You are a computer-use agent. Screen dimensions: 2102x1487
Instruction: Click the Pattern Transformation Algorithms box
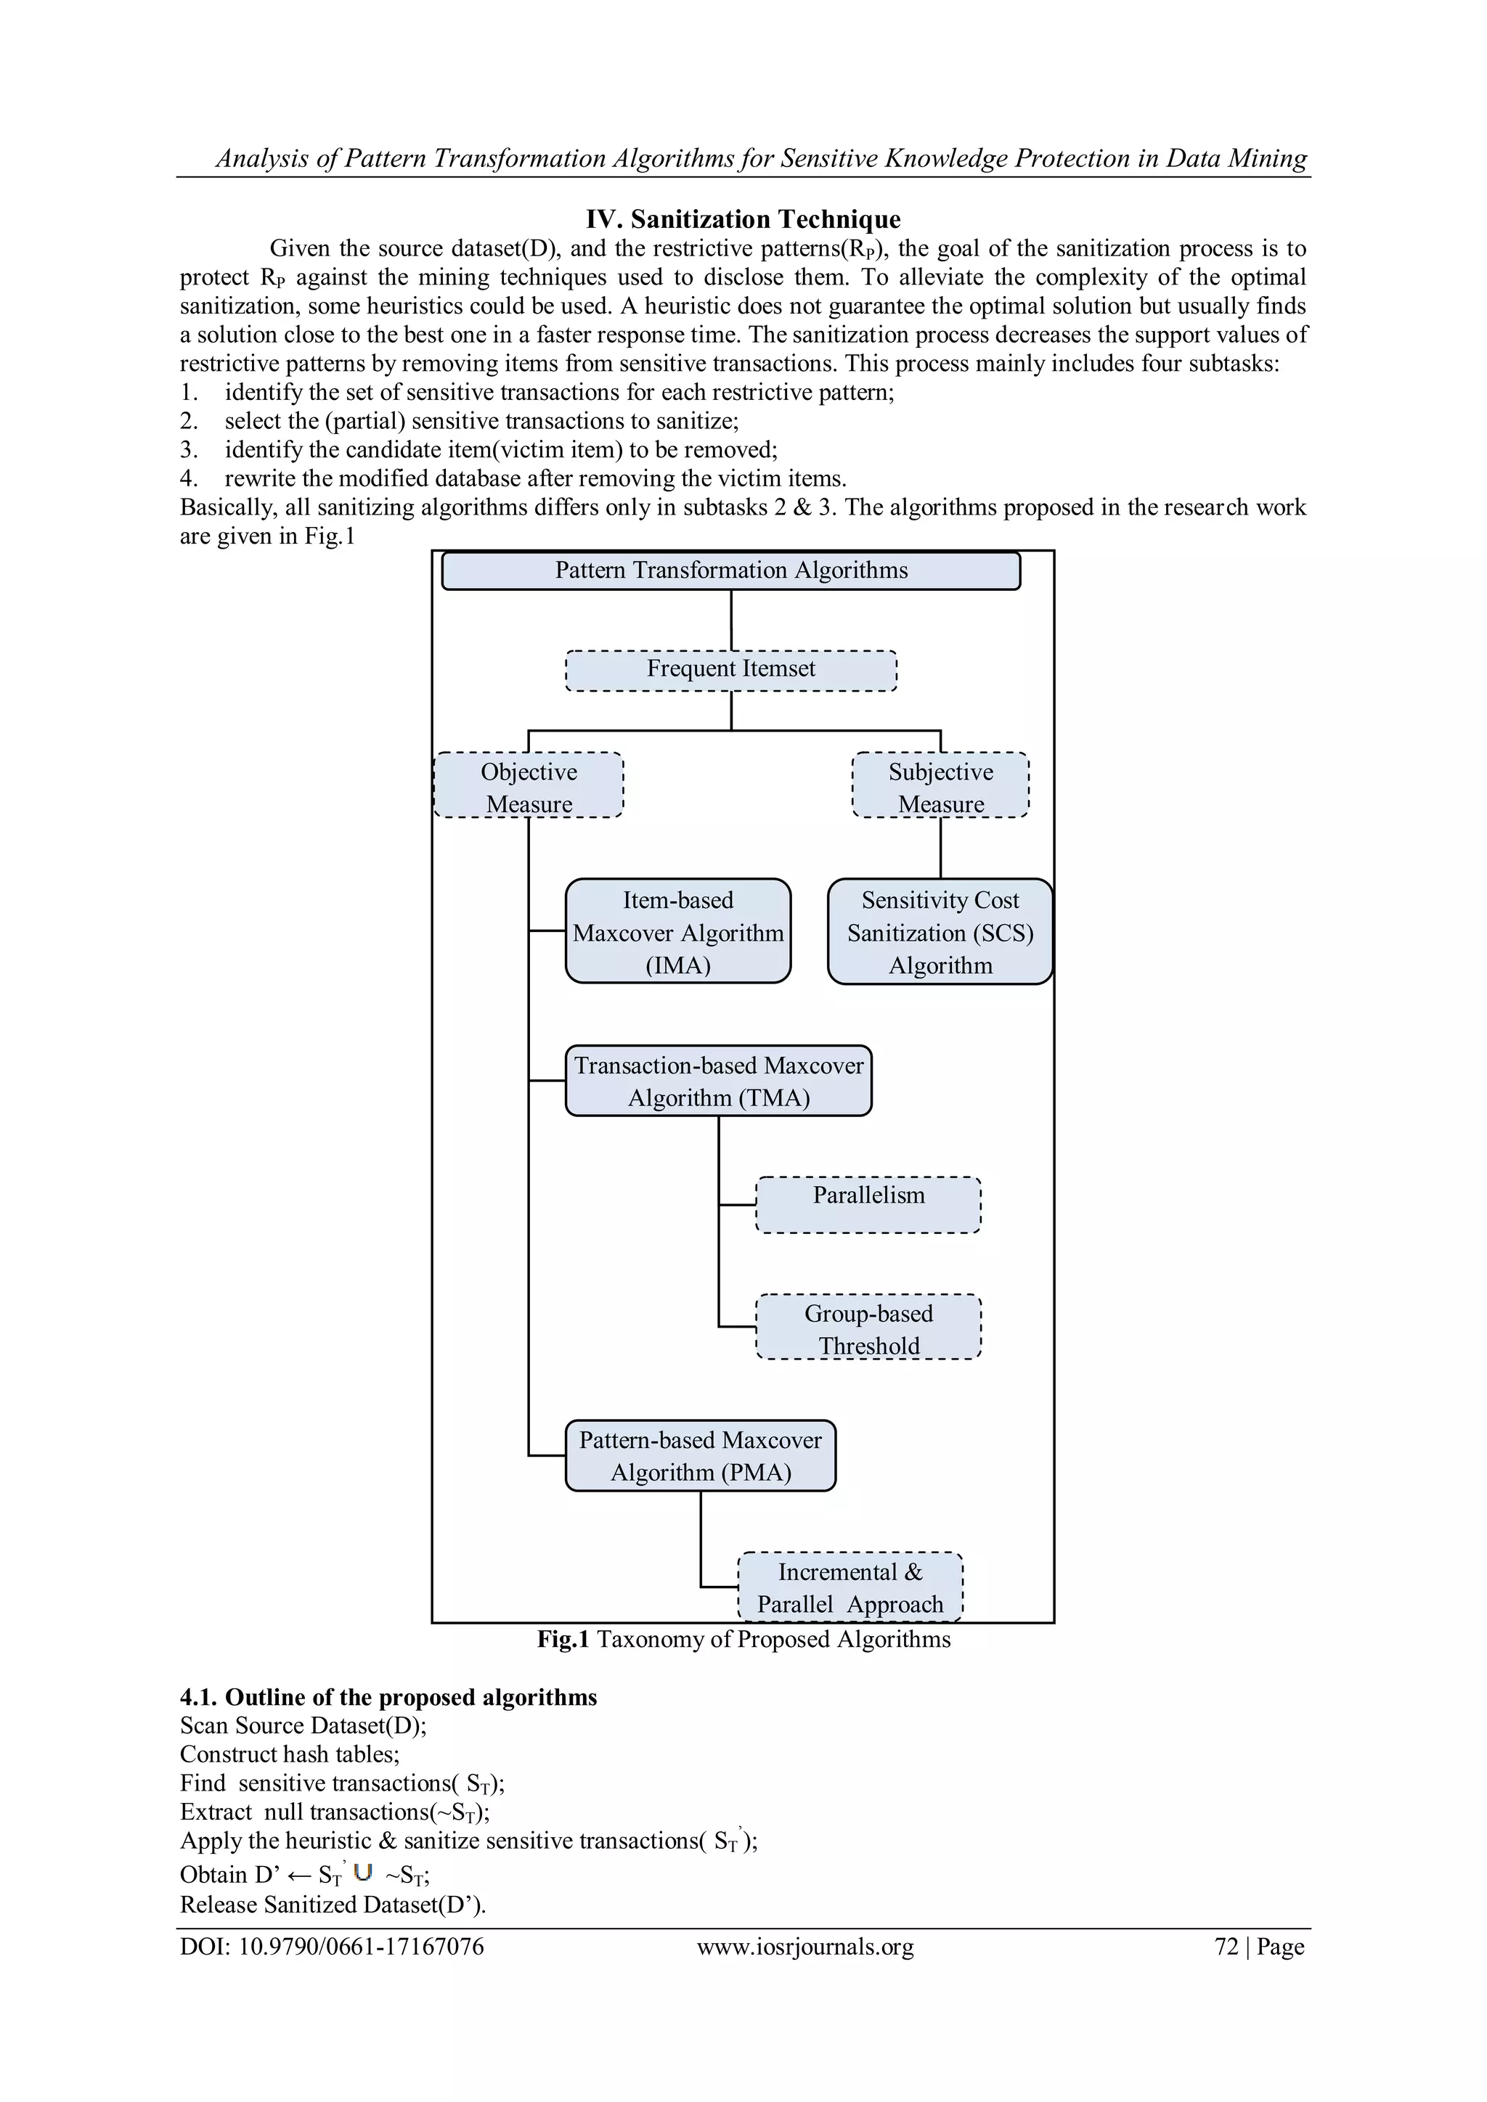point(730,571)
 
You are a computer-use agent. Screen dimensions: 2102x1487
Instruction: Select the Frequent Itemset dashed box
point(730,669)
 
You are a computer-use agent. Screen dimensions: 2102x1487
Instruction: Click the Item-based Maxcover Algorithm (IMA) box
point(677,932)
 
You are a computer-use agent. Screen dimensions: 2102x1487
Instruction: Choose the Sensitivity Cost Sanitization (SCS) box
point(940,932)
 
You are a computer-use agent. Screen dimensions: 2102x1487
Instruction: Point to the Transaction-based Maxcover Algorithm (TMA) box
point(718,1081)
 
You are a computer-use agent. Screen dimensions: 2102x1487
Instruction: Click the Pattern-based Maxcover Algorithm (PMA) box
point(701,1456)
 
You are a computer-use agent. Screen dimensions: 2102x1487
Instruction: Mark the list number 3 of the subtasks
point(188,449)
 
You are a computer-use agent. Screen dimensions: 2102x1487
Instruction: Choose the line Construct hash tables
point(290,1754)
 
